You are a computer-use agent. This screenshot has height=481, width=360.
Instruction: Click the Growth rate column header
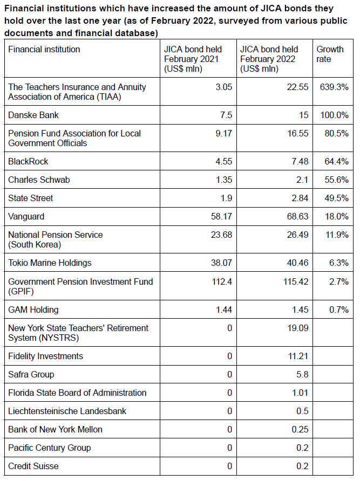330,54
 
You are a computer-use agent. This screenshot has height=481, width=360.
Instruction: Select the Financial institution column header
44,50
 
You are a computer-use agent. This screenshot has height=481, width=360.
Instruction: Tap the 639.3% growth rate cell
334,87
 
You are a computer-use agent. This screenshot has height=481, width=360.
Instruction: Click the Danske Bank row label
33,115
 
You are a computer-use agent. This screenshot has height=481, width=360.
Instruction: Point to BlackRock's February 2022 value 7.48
300,161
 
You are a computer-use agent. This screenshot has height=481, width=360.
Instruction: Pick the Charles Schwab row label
39,180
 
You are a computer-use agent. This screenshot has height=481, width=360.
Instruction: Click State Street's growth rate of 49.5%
337,198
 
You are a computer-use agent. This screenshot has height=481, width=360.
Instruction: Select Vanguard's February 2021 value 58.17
221,217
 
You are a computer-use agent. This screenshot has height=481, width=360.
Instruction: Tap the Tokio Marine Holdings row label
50,263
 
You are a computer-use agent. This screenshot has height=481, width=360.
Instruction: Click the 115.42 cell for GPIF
296,281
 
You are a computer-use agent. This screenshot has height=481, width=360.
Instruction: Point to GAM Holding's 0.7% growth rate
339,310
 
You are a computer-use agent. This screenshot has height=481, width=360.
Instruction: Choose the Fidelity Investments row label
45,356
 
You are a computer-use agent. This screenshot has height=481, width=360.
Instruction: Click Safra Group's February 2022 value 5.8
302,375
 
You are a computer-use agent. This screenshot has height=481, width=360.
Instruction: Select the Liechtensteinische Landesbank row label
67,411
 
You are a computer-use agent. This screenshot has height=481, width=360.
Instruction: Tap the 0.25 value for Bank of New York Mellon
300,429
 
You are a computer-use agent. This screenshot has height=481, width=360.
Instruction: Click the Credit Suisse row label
33,466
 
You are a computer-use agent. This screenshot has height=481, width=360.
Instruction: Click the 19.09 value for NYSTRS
298,328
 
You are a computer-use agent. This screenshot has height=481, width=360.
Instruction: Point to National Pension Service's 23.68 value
221,235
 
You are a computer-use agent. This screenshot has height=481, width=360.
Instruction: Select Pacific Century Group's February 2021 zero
229,448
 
